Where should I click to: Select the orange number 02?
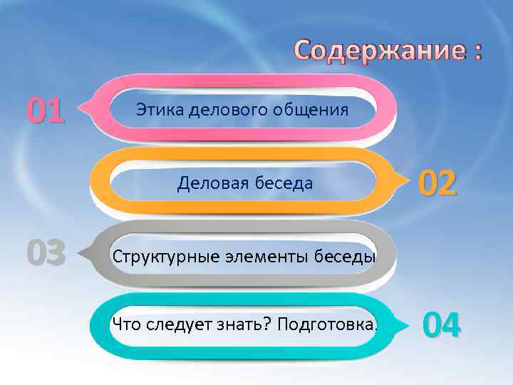click(x=437, y=184)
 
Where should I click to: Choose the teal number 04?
click(x=442, y=325)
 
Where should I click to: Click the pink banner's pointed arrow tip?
click(x=81, y=109)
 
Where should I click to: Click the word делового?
click(x=229, y=110)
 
